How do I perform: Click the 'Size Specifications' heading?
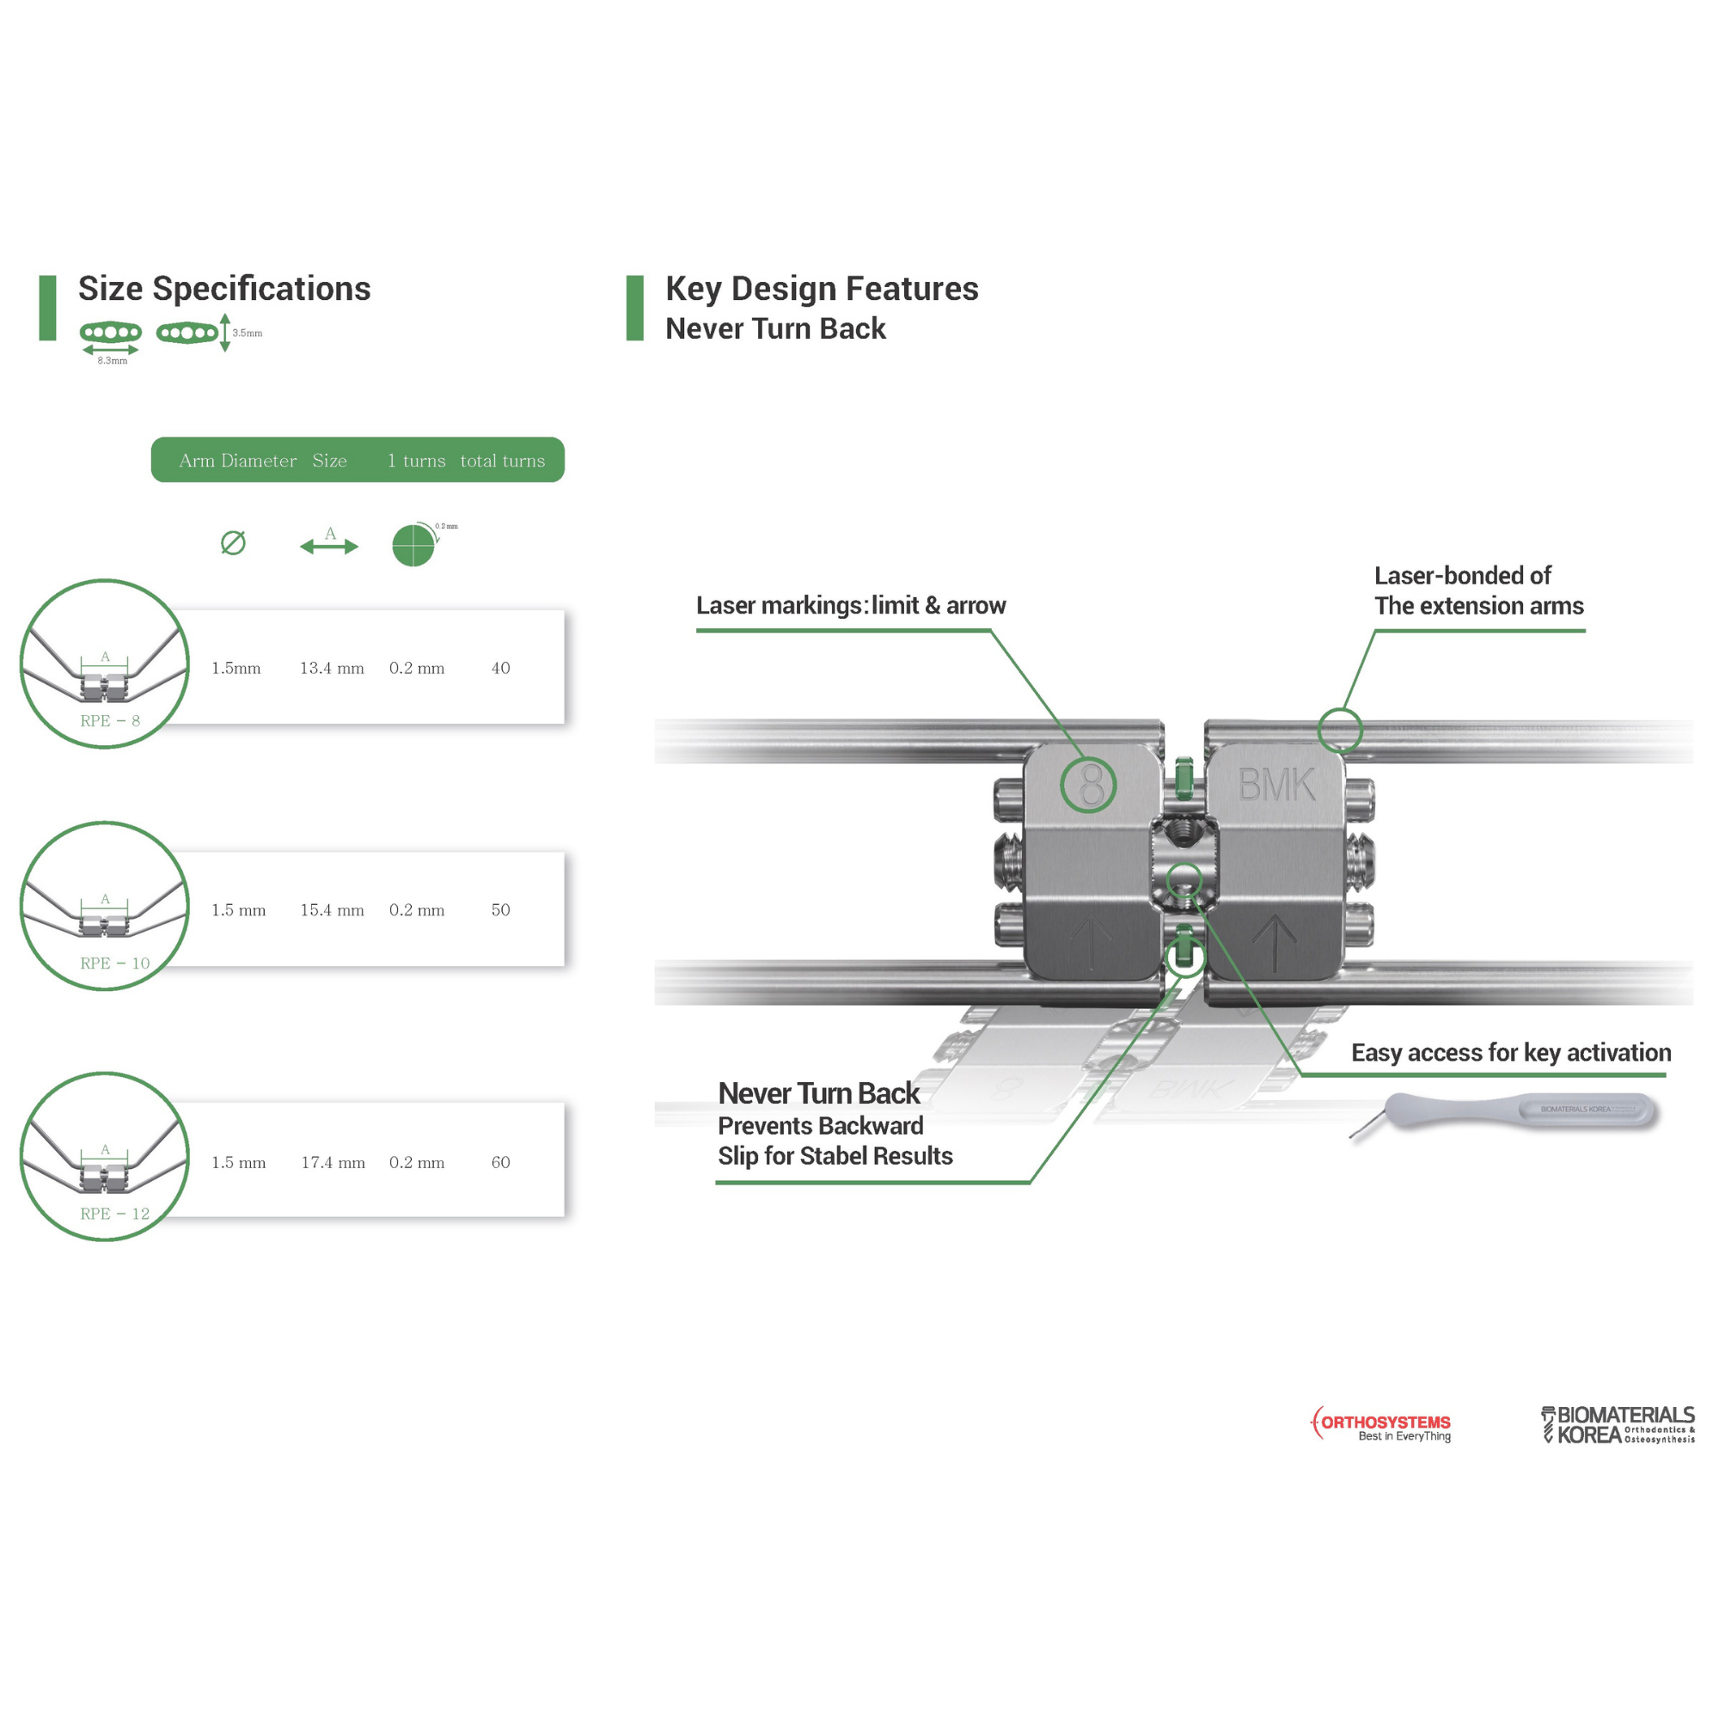click(224, 289)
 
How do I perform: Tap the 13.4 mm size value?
click(331, 668)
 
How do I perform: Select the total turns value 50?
click(500, 910)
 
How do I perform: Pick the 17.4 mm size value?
click(333, 1163)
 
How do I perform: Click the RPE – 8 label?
click(109, 722)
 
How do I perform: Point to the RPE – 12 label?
click(115, 1214)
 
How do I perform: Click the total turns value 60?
click(500, 1163)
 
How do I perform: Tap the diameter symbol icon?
click(233, 542)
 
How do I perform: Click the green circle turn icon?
click(413, 546)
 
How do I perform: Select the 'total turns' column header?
click(503, 461)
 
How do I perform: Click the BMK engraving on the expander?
click(1275, 785)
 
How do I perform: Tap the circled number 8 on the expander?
click(1089, 785)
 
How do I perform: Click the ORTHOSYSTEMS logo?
click(1382, 1424)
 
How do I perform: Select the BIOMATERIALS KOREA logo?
click(1618, 1424)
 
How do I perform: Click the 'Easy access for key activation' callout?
click(1511, 1053)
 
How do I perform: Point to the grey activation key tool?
click(1521, 1111)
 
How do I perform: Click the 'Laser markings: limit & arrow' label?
click(851, 606)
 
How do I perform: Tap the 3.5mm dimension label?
click(248, 333)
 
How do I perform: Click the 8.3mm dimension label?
click(112, 361)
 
